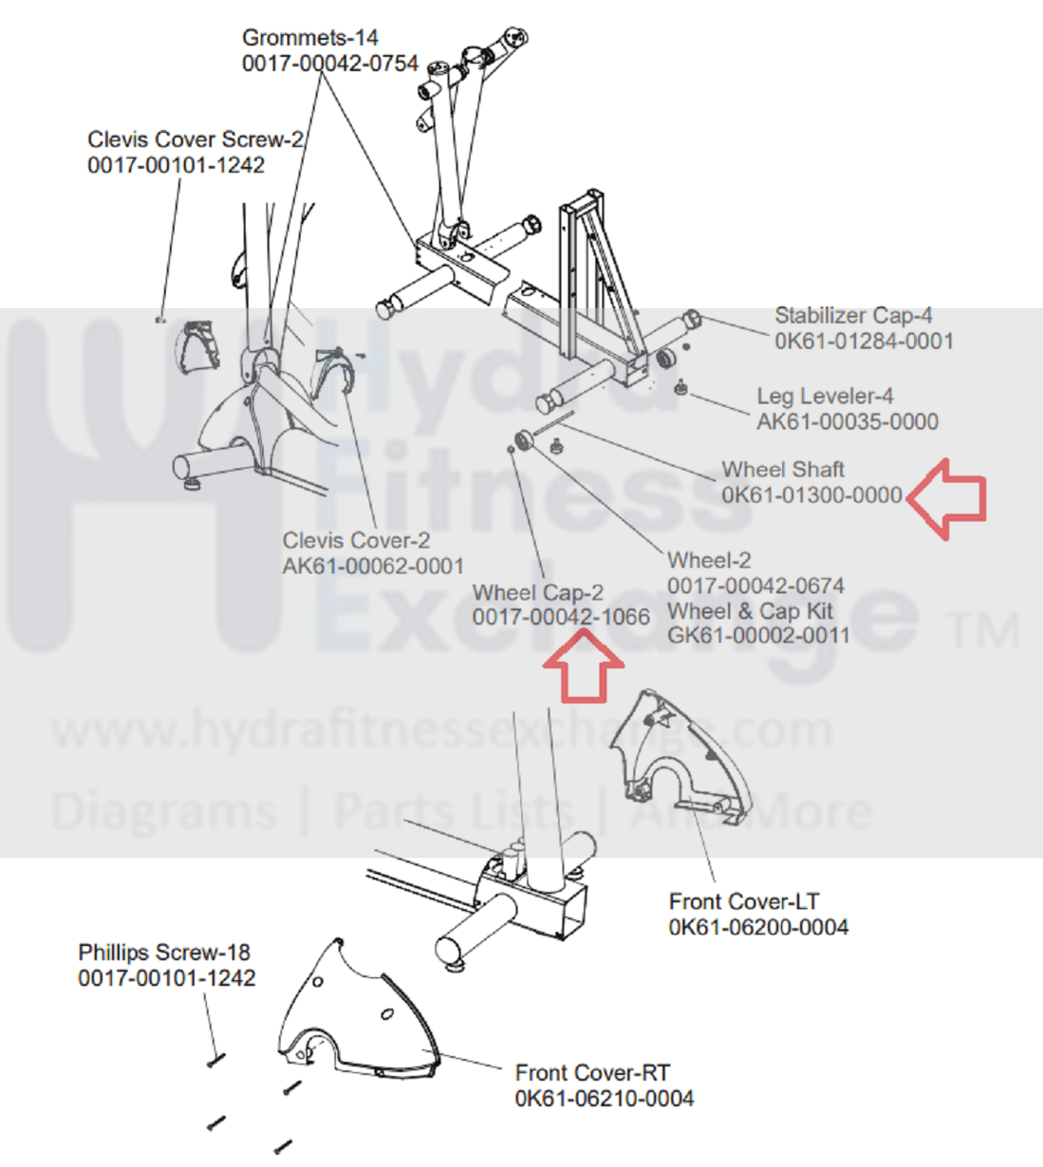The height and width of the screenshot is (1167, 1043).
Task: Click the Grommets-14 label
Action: (x=309, y=38)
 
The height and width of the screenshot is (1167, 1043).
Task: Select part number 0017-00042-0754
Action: (x=329, y=64)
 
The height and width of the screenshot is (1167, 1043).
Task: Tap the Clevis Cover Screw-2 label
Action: (x=195, y=139)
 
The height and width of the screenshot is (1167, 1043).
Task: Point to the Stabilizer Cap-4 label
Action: (x=853, y=315)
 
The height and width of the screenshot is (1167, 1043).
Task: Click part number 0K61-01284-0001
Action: (x=864, y=341)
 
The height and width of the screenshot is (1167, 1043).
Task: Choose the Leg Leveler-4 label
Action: (x=825, y=396)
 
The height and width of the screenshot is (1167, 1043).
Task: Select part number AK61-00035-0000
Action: (x=847, y=421)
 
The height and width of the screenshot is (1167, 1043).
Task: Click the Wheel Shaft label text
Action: (x=783, y=469)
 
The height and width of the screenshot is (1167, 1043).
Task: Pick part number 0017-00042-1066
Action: (x=561, y=617)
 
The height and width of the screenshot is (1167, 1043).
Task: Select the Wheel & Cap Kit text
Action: (x=750, y=611)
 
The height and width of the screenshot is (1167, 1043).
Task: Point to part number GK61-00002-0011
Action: (x=758, y=635)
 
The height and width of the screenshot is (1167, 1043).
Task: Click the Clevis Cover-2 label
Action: (x=356, y=540)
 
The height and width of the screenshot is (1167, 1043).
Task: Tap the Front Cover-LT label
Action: (x=743, y=901)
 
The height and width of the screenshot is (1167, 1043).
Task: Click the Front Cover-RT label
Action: (x=592, y=1072)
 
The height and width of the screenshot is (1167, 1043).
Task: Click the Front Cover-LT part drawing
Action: (x=680, y=759)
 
